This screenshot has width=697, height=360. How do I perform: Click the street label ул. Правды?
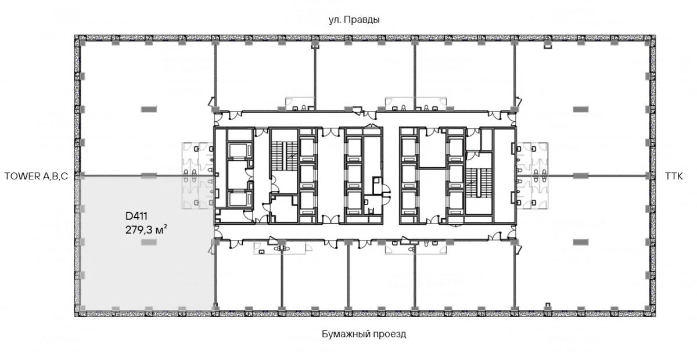coord(354,20)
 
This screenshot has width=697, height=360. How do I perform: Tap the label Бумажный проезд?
coord(364,334)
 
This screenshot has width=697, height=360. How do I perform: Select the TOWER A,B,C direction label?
coord(36,177)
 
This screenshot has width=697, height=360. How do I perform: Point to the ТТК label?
coord(674,177)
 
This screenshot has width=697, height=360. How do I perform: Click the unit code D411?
coord(136,216)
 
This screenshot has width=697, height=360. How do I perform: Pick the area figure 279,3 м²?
coord(146,230)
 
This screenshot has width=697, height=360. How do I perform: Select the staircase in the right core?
coord(479,183)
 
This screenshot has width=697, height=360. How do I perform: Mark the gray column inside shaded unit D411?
coord(149,242)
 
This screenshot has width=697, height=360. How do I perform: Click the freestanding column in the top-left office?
coord(149,109)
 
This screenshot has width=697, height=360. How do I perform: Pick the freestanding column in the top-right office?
coord(581,109)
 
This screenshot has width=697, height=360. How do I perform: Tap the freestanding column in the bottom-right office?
coord(581,242)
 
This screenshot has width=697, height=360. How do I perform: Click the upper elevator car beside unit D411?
coord(239,150)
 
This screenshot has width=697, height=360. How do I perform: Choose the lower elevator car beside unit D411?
coord(239,199)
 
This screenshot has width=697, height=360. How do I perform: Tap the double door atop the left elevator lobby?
coord(330,132)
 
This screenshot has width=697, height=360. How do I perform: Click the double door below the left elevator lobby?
coord(330,219)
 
